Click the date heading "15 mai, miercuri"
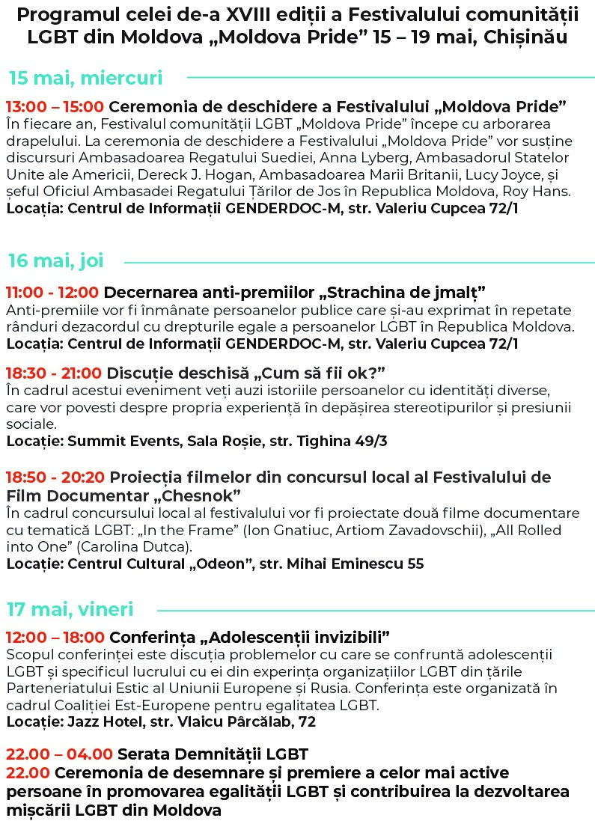pos(85,78)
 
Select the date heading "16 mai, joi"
pos(56,260)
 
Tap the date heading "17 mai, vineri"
pos(71,609)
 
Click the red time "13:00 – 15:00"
pos(55,106)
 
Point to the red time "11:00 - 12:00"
pos(52,292)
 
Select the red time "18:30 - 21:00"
pos(54,373)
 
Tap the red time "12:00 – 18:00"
pos(55,638)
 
